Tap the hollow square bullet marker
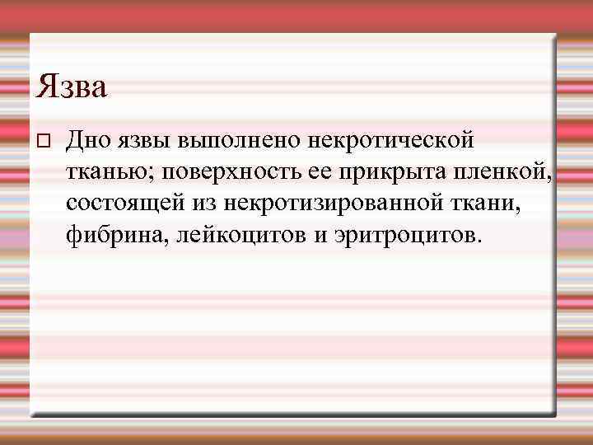tap(45, 141)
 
